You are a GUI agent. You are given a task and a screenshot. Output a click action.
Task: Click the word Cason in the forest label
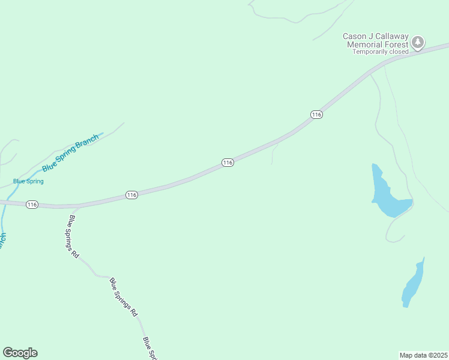pyautogui.click(x=354, y=37)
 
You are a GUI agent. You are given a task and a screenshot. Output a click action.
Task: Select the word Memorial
pyautogui.click(x=367, y=44)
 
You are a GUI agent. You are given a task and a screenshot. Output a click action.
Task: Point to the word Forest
pyautogui.click(x=397, y=44)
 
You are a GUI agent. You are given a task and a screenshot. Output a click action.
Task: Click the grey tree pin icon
pyautogui.click(x=418, y=43)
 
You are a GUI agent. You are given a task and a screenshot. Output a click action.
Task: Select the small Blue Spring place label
pyautogui.click(x=28, y=181)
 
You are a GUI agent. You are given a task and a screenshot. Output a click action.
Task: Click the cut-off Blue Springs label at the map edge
pyautogui.click(x=149, y=347)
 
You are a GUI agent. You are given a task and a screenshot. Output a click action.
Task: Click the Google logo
pyautogui.click(x=20, y=353)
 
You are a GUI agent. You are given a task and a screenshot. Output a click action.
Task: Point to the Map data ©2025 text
pyautogui.click(x=423, y=355)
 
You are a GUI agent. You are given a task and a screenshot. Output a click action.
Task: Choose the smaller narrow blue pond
pyautogui.click(x=412, y=284)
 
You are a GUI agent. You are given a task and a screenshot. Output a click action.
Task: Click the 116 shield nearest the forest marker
pyautogui.click(x=317, y=115)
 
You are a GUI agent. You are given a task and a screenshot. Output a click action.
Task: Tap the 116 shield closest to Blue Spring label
pyautogui.click(x=32, y=205)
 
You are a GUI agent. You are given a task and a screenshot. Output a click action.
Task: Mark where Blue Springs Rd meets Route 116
pyautogui.click(x=74, y=208)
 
